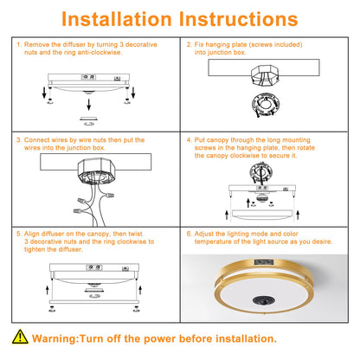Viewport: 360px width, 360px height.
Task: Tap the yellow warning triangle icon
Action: (19, 338)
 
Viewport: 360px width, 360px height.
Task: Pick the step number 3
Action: (18, 139)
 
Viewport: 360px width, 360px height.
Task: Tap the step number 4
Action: (190, 139)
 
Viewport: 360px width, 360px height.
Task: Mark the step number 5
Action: (18, 233)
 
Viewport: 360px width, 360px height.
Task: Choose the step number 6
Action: (190, 233)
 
